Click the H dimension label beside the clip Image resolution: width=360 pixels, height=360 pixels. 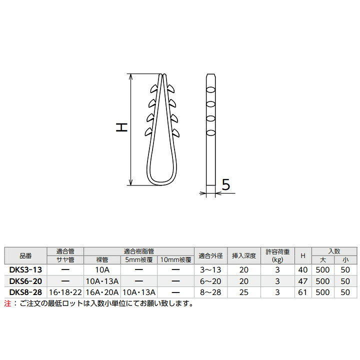(x=121, y=127)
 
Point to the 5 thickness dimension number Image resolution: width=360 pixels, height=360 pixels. (x=226, y=184)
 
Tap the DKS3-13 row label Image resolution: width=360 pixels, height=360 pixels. (x=25, y=270)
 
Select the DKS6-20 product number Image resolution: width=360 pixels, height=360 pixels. (x=25, y=281)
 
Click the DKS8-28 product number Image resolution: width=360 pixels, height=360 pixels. (x=25, y=292)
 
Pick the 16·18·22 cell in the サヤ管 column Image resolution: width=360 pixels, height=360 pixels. (x=65, y=292)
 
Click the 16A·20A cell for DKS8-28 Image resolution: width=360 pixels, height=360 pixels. (x=102, y=292)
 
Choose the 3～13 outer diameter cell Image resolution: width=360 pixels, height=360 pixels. (x=210, y=270)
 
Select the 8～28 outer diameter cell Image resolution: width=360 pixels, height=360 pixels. (x=210, y=292)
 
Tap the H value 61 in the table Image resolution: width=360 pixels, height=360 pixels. (x=302, y=292)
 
